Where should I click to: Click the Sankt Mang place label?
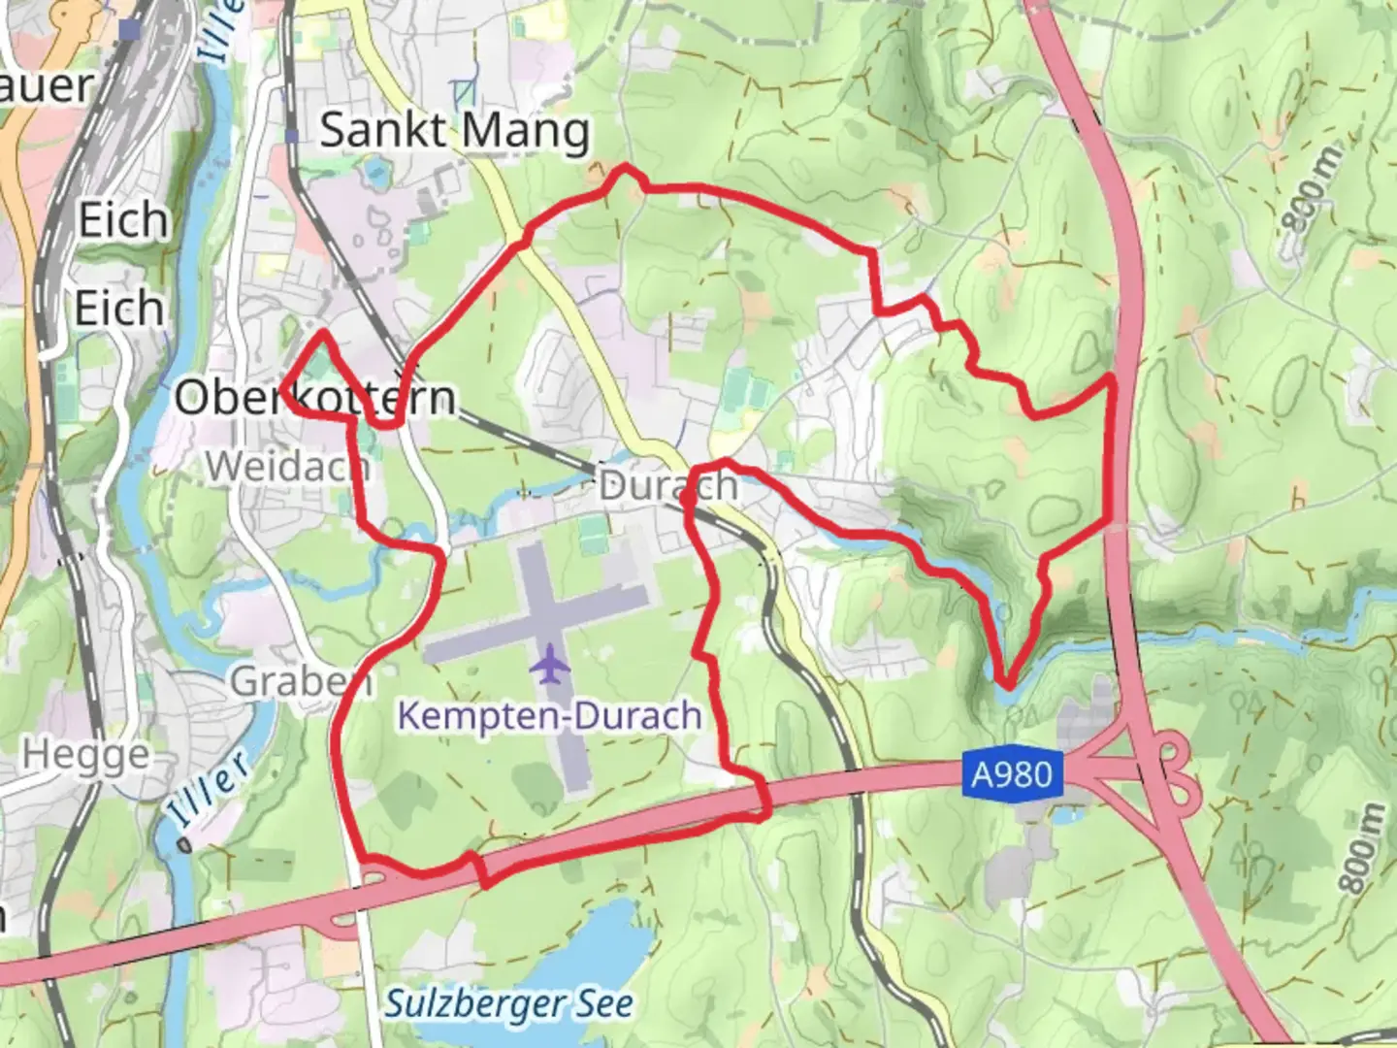(x=454, y=131)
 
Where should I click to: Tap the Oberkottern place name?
(x=314, y=398)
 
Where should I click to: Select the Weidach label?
(x=287, y=467)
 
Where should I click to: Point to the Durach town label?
(x=668, y=485)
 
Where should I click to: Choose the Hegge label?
(x=86, y=754)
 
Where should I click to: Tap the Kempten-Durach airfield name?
(x=549, y=716)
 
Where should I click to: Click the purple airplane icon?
(x=550, y=666)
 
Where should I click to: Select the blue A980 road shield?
(x=1012, y=774)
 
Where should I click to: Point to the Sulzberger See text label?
(x=509, y=1003)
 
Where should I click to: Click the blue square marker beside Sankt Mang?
(x=292, y=137)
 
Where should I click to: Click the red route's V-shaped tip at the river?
(x=1008, y=686)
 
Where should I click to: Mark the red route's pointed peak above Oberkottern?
(x=321, y=333)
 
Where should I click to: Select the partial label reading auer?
(x=45, y=85)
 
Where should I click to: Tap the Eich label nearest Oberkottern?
(x=119, y=310)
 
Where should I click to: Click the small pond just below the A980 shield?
(x=1063, y=817)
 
